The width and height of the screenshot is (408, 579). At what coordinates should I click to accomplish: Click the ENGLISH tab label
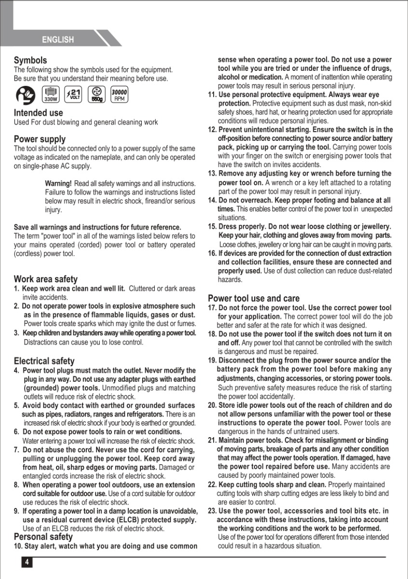click(x=58, y=40)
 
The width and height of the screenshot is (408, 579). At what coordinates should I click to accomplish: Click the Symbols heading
click(x=30, y=60)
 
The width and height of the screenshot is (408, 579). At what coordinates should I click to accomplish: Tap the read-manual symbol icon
click(x=26, y=95)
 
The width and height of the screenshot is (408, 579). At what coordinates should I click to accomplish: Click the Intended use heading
click(x=38, y=113)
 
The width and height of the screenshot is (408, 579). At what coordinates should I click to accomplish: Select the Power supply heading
click(x=40, y=139)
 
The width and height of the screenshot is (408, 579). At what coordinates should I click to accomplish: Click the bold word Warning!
click(x=58, y=184)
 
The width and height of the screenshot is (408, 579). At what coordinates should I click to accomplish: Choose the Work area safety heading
click(x=45, y=279)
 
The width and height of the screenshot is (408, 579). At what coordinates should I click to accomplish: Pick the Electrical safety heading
click(x=44, y=361)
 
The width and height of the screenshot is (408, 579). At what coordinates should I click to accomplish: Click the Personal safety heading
click(x=43, y=537)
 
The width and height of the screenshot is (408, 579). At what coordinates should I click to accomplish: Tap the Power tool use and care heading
click(x=254, y=298)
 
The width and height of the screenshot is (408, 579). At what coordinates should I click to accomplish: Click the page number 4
click(x=27, y=562)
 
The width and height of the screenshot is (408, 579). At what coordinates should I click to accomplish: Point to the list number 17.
click(x=212, y=308)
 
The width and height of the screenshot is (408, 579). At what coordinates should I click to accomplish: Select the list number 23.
click(x=212, y=511)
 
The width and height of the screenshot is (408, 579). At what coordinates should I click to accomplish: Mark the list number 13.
click(x=212, y=174)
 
